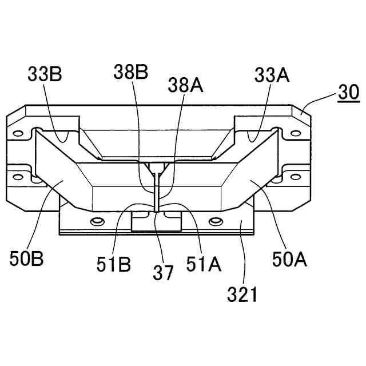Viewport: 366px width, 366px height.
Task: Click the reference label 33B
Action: pyautogui.click(x=45, y=74)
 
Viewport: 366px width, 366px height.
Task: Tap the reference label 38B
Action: pyautogui.click(x=131, y=72)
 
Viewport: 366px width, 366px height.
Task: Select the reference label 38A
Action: pyautogui.click(x=185, y=85)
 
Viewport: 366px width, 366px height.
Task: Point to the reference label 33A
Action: pyautogui.click(x=272, y=75)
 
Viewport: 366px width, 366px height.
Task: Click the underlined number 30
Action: pyautogui.click(x=349, y=93)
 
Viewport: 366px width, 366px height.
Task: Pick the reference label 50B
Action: pyautogui.click(x=26, y=258)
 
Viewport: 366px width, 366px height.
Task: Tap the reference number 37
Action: pyautogui.click(x=163, y=273)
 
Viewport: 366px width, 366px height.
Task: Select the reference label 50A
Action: pyautogui.click(x=289, y=259)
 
